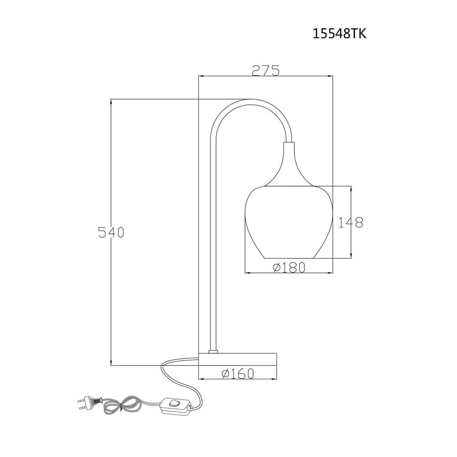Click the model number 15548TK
pos(339,34)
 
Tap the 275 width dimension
pos(265,70)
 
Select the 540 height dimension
pos(111,232)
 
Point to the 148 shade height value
pos(351,222)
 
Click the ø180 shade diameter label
pos(289,267)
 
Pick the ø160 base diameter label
pos(238,374)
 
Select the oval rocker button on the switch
pos(174,403)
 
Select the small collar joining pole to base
pos(212,351)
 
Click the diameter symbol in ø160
pos(226,374)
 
